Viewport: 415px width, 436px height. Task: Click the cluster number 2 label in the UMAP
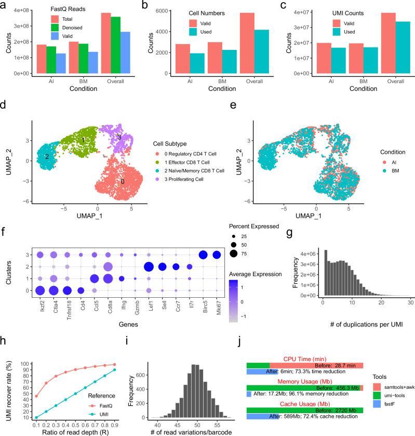coord(47,156)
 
